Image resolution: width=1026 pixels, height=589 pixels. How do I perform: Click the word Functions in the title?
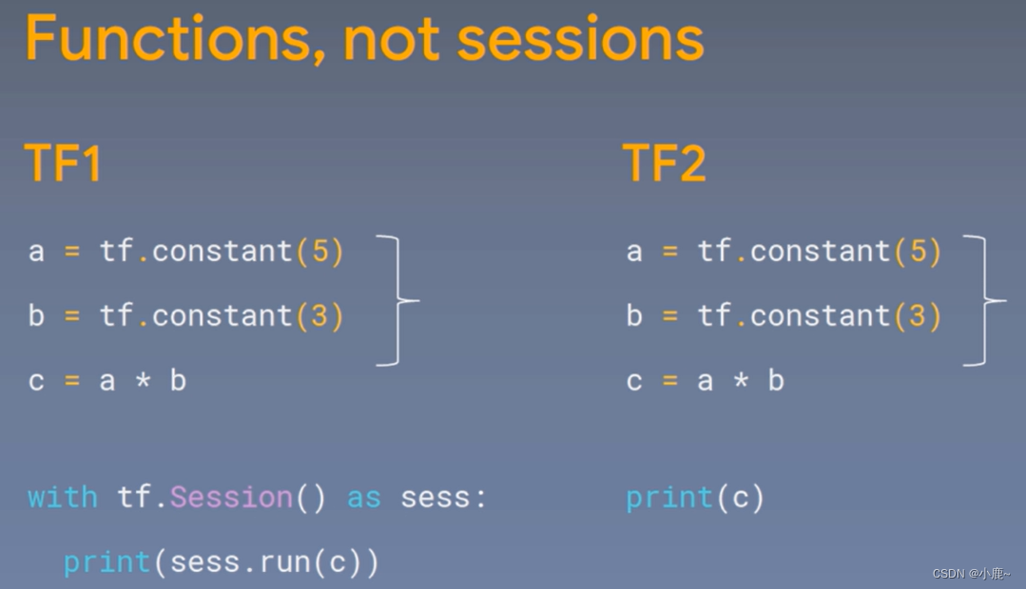pyautogui.click(x=172, y=39)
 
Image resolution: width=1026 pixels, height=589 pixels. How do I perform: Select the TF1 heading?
pyautogui.click(x=63, y=163)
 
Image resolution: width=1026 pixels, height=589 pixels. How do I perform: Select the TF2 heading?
pyautogui.click(x=665, y=163)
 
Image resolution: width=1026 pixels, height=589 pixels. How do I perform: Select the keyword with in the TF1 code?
pyautogui.click(x=63, y=498)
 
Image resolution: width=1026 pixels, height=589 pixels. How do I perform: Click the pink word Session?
pyautogui.click(x=231, y=498)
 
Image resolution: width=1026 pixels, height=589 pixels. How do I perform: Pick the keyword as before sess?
pyautogui.click(x=364, y=498)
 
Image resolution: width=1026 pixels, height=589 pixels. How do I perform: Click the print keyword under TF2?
pyautogui.click(x=669, y=498)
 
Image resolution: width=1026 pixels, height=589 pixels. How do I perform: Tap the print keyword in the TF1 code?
pyautogui.click(x=106, y=562)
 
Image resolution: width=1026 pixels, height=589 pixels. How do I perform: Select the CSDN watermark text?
pyautogui.click(x=970, y=574)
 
